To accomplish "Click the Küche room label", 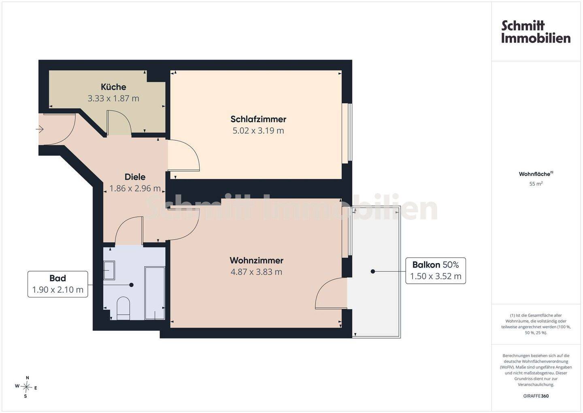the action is pyautogui.click(x=113, y=87).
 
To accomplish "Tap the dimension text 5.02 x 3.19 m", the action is pyautogui.click(x=258, y=130).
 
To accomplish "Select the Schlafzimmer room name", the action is pyautogui.click(x=258, y=119).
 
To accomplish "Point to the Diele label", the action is pyautogui.click(x=135, y=177).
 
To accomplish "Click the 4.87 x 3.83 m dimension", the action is pyautogui.click(x=256, y=272).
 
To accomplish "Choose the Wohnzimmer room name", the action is pyautogui.click(x=256, y=260).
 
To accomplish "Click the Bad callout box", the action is pyautogui.click(x=58, y=284).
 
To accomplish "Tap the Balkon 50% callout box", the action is pyautogui.click(x=436, y=270).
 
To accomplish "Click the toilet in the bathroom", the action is pyautogui.click(x=123, y=308).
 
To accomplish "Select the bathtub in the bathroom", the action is pyautogui.click(x=155, y=293).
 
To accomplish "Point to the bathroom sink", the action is pyautogui.click(x=109, y=270).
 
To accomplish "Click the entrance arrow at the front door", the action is pyautogui.click(x=40, y=129).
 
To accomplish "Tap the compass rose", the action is pyautogui.click(x=26, y=387).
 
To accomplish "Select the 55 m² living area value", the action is pyautogui.click(x=536, y=184).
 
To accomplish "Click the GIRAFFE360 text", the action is pyautogui.click(x=536, y=396).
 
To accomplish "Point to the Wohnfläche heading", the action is pyautogui.click(x=536, y=174).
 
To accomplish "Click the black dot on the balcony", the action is pyautogui.click(x=373, y=271).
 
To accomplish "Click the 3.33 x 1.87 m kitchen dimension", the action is pyautogui.click(x=113, y=98).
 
